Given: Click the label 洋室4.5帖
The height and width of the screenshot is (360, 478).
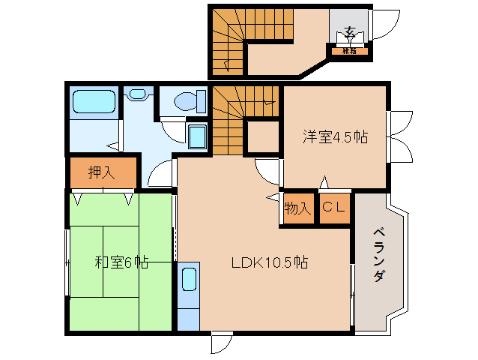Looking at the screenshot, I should [335, 137].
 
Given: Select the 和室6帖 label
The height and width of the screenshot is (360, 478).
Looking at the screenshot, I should [121, 262].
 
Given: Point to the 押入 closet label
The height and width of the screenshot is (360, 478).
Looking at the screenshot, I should [102, 172].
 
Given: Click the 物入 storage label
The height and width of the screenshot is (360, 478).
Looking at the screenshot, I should [298, 208].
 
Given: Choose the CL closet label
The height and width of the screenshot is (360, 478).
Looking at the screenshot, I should [334, 208].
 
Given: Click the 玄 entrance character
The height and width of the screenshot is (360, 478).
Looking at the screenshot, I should [349, 32].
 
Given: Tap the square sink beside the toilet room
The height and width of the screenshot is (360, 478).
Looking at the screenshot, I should [198, 137].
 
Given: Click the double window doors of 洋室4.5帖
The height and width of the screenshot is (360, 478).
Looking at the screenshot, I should [399, 137].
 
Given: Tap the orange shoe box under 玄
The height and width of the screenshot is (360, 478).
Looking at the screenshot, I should [349, 51].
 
